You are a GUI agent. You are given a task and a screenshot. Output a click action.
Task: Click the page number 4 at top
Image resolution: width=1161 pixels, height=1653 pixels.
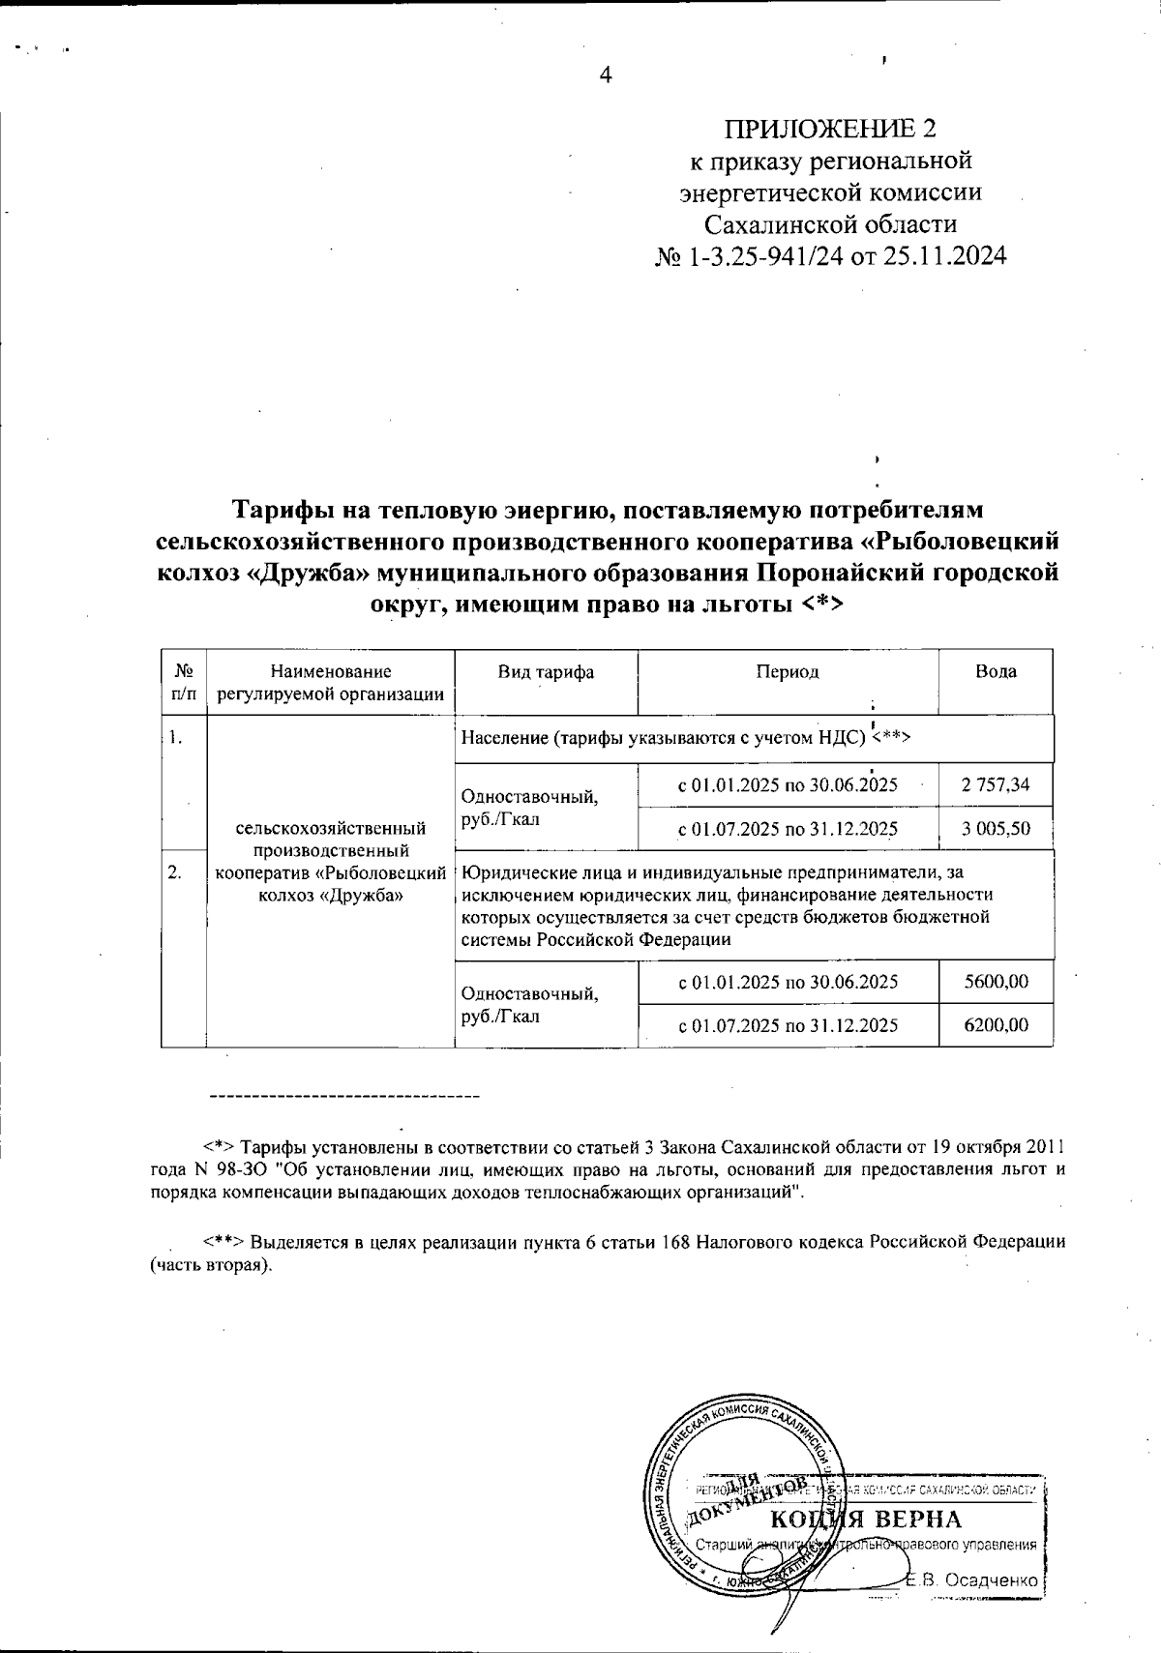pyautogui.click(x=606, y=75)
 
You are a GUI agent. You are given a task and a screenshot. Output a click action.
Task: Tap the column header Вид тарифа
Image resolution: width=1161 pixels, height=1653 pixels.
pyautogui.click(x=546, y=672)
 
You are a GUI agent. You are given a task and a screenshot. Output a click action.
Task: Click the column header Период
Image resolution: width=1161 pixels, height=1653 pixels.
pyautogui.click(x=788, y=672)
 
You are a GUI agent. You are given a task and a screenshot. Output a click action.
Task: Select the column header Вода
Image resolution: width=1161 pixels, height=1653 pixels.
pyautogui.click(x=996, y=672)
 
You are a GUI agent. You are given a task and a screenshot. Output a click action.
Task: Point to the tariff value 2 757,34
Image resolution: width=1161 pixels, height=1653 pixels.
pyautogui.click(x=996, y=784)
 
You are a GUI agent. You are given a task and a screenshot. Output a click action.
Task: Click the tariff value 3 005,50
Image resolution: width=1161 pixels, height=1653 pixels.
pyautogui.click(x=996, y=829)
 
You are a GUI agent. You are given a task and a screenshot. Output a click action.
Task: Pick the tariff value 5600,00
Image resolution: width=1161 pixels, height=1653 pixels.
pyautogui.click(x=996, y=982)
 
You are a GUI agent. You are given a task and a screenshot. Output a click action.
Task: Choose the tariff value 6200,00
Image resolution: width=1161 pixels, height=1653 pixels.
pyautogui.click(x=996, y=1025)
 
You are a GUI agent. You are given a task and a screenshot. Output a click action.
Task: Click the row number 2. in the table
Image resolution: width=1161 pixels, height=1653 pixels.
pyautogui.click(x=175, y=872)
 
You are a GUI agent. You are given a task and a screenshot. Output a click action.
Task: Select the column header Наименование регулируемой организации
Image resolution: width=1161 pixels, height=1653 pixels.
pyautogui.click(x=331, y=682)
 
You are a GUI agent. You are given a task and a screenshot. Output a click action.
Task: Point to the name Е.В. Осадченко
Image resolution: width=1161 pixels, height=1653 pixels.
pyautogui.click(x=972, y=1580)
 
